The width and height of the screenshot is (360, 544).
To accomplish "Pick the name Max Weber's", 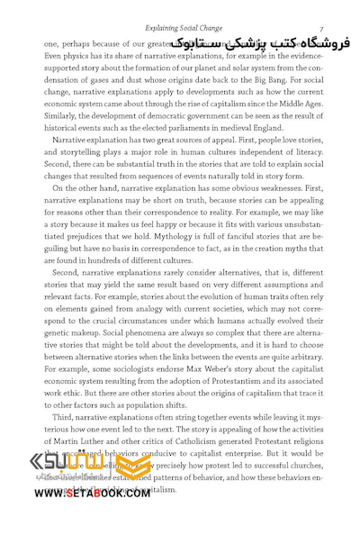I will [213, 355].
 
